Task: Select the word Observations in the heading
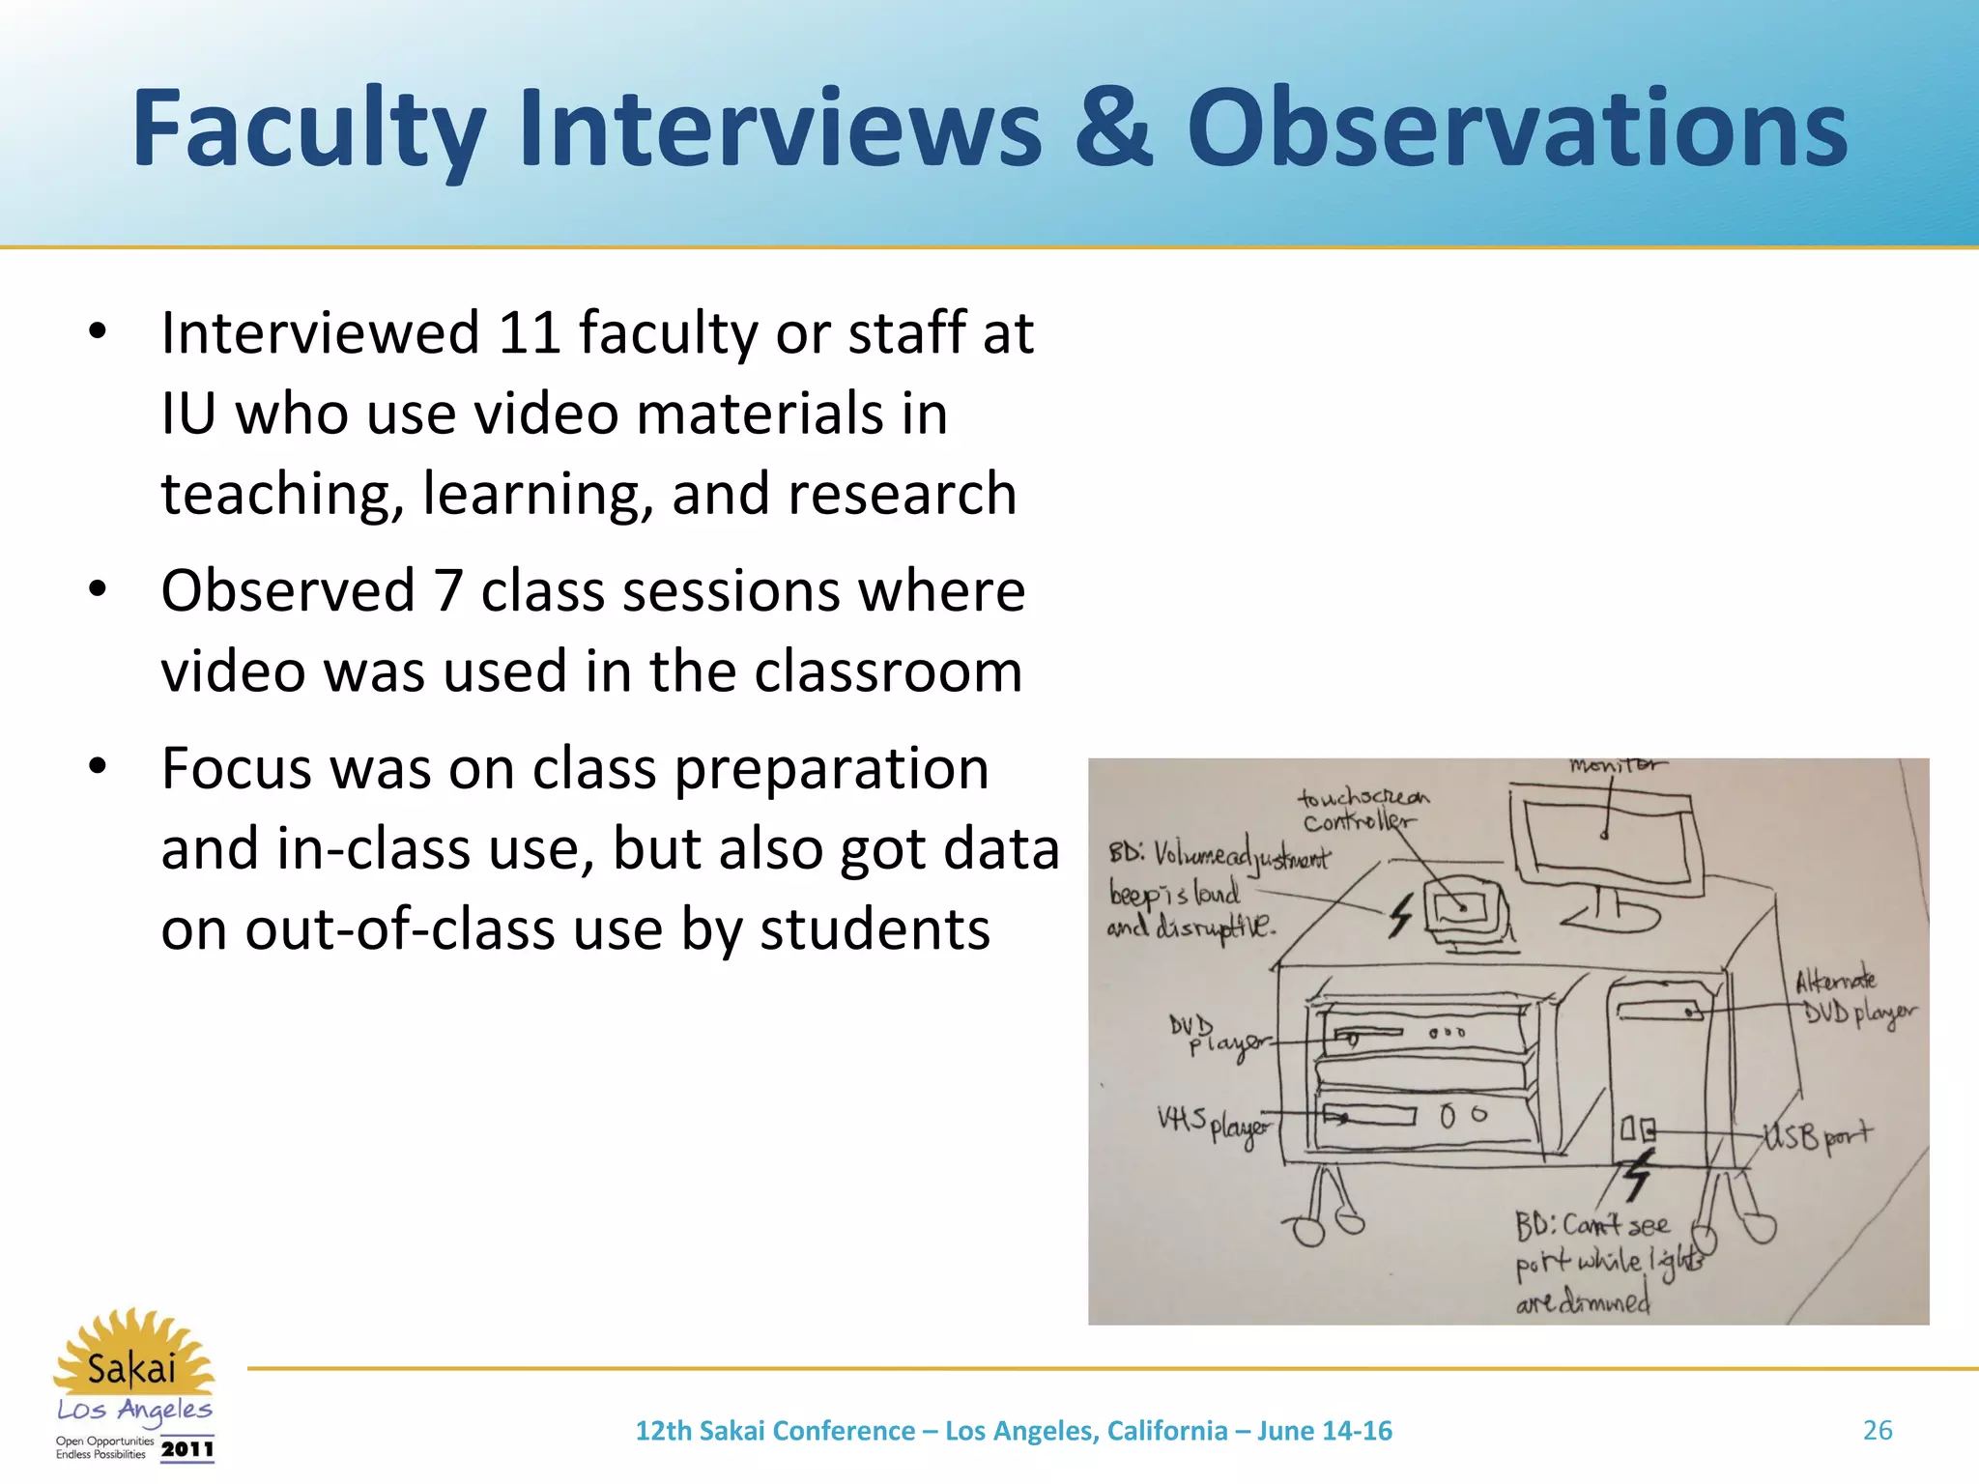(1516, 128)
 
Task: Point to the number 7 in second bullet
(448, 590)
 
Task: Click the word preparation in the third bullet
(831, 769)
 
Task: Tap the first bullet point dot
(97, 331)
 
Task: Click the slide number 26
(1877, 1430)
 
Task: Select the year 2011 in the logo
(187, 1449)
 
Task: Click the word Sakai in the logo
(131, 1369)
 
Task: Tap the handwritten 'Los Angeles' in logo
(134, 1411)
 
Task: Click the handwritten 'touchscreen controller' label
(1362, 810)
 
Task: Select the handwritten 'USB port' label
(1818, 1137)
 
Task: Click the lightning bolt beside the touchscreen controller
(1401, 914)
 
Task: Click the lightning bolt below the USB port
(1637, 1174)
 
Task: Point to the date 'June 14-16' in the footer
(1324, 1431)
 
